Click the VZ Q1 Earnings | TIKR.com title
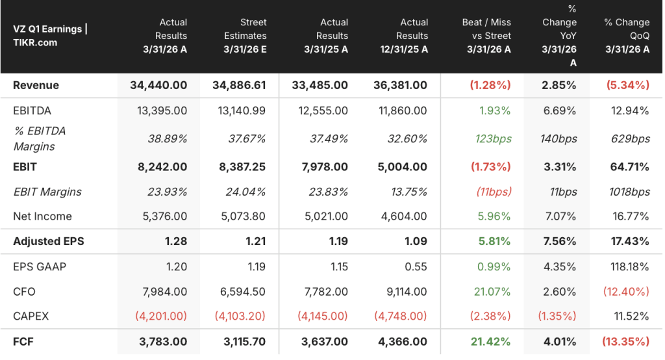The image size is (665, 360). point(50,36)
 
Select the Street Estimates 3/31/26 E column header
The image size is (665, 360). point(245,36)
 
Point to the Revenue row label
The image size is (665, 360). point(36,85)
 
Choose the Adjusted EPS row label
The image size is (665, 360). point(48,241)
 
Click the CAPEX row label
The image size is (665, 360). point(31,316)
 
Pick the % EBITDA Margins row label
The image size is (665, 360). point(40,138)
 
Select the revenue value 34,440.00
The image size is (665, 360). point(158,85)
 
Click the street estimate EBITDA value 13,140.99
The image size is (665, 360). point(242,111)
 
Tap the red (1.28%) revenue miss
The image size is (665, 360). point(490,85)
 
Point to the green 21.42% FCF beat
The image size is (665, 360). point(491,342)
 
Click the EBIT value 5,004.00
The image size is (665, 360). point(403,167)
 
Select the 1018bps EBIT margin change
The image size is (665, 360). point(629,192)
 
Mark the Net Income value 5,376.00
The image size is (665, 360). point(164,216)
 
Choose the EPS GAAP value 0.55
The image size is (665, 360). point(416,266)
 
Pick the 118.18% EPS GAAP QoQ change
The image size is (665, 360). point(629,266)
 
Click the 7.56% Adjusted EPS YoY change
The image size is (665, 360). point(560,241)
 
